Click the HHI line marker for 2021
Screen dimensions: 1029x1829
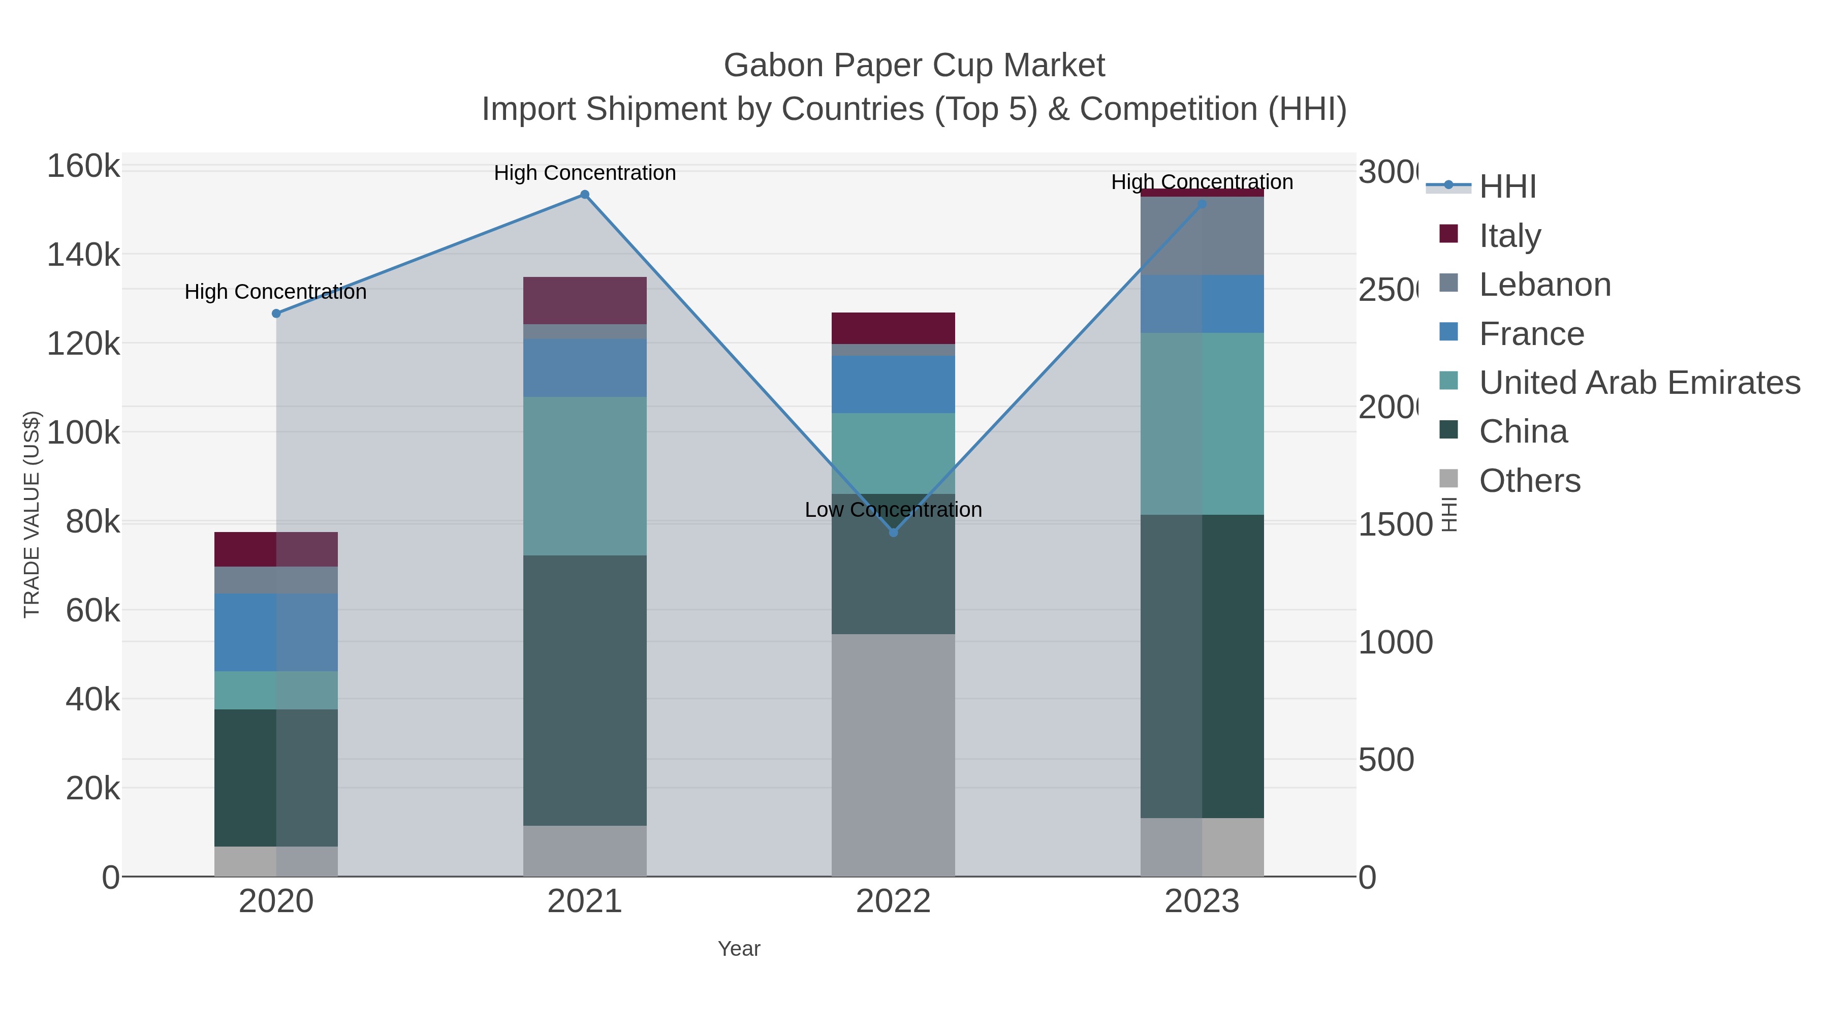584,195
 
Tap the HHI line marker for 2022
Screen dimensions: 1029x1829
893,533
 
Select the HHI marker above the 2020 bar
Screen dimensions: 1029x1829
276,313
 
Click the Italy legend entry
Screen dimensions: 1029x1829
1509,236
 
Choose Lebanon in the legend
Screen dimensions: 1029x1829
1544,285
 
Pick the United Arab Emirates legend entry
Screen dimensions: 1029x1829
1638,383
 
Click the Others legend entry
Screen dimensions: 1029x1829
1529,481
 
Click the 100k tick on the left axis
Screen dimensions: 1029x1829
83,432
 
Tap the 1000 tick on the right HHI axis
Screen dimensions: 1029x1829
1395,643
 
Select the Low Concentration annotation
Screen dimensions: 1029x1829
893,510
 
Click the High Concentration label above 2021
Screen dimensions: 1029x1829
584,173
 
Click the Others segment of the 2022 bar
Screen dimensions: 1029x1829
893,755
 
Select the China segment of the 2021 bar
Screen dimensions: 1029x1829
584,690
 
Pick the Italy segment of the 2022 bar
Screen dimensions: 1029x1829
893,328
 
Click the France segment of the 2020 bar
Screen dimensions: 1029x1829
276,632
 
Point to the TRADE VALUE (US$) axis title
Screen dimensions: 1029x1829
32,514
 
